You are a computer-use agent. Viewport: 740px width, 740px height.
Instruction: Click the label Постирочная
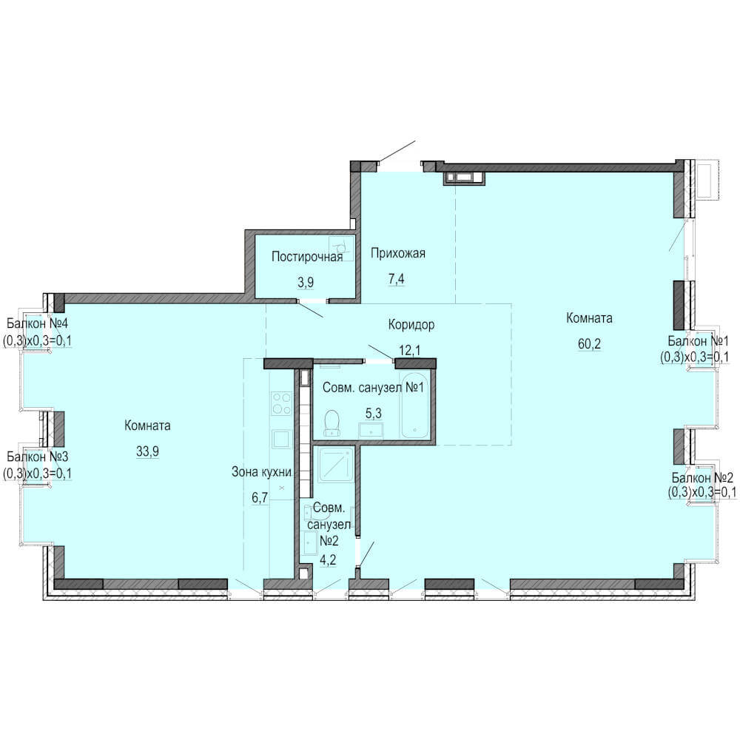point(307,258)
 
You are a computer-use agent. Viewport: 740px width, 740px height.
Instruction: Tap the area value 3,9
point(306,282)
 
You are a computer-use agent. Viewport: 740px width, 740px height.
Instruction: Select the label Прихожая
point(398,253)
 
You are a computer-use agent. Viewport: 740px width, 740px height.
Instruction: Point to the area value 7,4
point(396,279)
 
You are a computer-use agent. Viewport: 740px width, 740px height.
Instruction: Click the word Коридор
point(411,325)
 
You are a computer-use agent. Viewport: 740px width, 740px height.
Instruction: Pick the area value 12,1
point(410,350)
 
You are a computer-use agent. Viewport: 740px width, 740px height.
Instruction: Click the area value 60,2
point(590,343)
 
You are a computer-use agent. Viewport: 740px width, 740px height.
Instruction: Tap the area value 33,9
point(148,451)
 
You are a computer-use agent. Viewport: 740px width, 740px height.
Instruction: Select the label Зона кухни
point(261,472)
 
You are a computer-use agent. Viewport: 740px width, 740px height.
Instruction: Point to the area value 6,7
point(260,497)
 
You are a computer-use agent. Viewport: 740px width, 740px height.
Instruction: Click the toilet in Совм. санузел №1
point(333,423)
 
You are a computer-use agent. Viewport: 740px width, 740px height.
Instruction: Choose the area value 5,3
point(373,414)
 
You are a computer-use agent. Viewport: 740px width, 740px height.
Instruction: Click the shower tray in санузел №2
point(335,465)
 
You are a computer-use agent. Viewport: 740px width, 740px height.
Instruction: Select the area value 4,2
point(329,560)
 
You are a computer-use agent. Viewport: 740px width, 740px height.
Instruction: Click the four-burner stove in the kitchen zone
point(281,403)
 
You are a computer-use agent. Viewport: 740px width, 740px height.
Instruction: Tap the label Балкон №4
point(37,324)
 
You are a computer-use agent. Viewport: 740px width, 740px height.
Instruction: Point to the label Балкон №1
point(699,340)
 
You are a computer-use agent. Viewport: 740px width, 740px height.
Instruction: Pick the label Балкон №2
point(702,477)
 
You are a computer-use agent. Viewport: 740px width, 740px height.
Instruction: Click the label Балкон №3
point(37,457)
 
